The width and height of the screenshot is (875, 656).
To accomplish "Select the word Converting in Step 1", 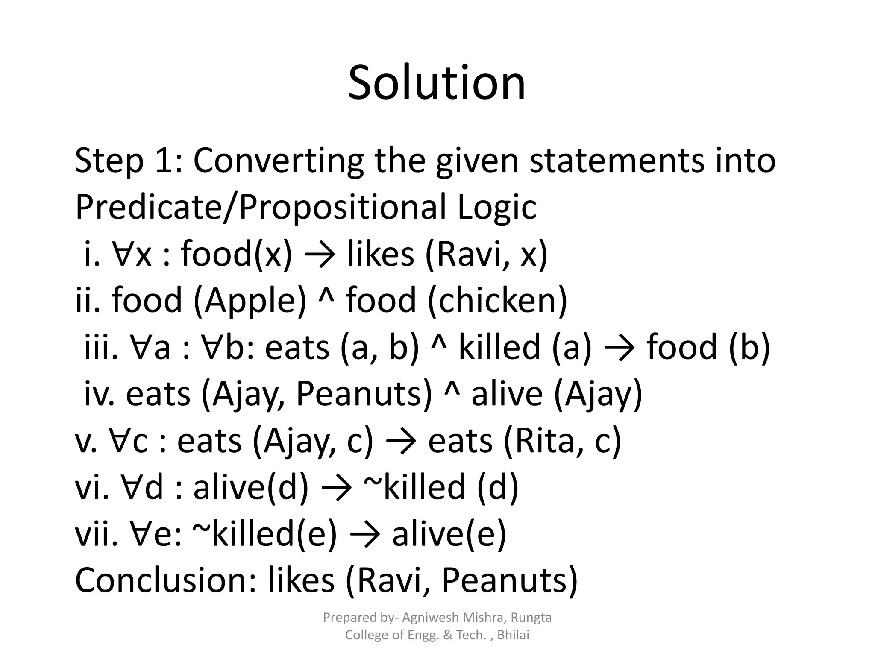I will tap(278, 161).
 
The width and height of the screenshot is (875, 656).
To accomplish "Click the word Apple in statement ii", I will tap(250, 301).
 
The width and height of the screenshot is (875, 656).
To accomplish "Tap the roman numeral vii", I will tap(96, 535).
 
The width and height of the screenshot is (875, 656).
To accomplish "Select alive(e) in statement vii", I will tap(449, 535).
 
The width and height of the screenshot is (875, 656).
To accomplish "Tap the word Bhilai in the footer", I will tap(514, 635).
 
